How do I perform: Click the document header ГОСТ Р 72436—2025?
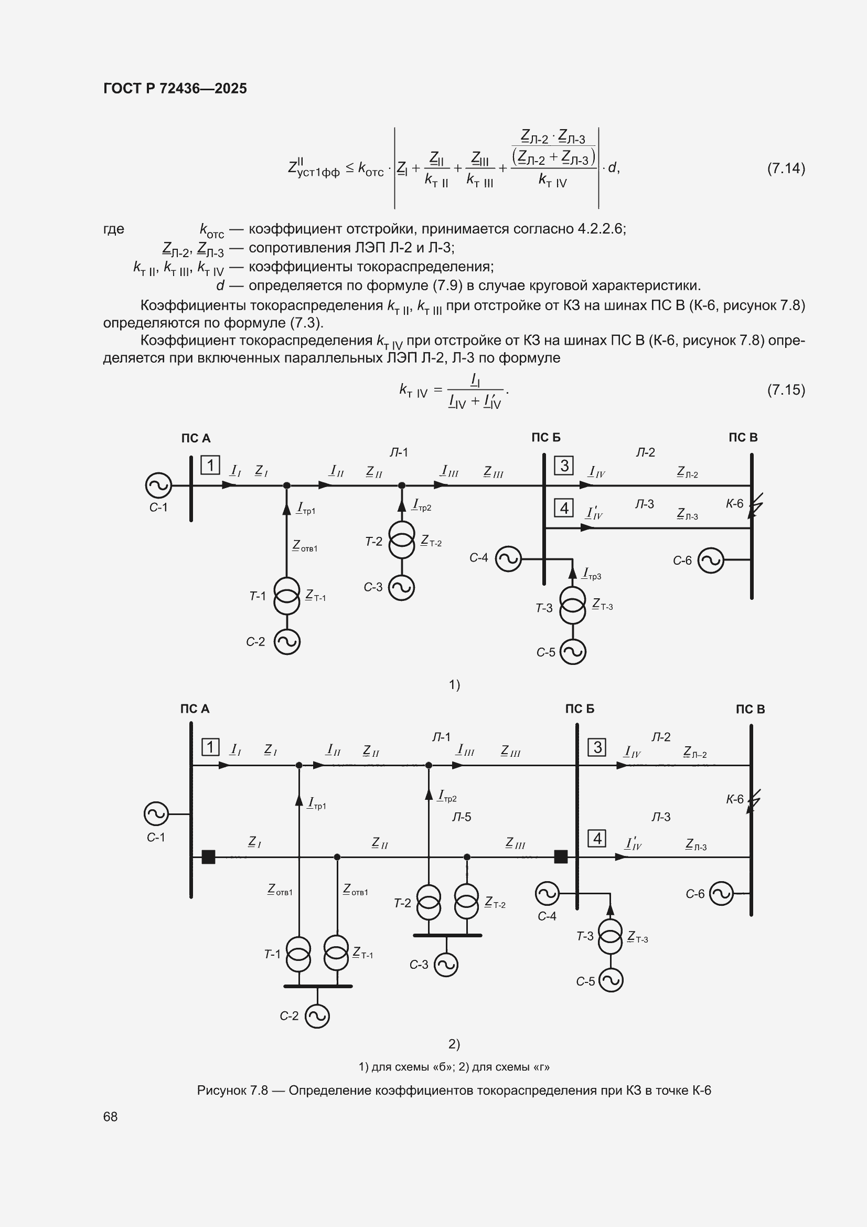[175, 88]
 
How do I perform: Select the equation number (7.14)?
[786, 168]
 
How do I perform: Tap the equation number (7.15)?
[786, 389]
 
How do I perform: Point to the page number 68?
[111, 1116]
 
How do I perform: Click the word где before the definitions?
[114, 229]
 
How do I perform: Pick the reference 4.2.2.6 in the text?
[600, 229]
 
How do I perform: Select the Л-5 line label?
[462, 817]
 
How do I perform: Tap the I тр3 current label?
[591, 574]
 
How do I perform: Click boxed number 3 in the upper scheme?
[564, 466]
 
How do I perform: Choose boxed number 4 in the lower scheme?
[597, 838]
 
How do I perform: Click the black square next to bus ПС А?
[208, 856]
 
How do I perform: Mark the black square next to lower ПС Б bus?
[561, 856]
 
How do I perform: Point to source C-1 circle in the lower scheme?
[156, 814]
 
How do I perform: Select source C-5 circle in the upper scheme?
[573, 651]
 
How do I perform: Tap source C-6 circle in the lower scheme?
[721, 893]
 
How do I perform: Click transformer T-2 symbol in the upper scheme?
[402, 540]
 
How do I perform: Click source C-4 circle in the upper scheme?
[508, 559]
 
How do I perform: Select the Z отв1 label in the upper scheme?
[305, 546]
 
